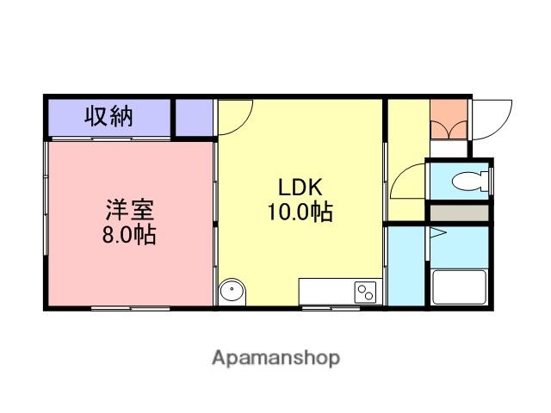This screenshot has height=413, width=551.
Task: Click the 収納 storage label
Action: tap(108, 116)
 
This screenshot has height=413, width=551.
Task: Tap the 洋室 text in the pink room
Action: tap(130, 210)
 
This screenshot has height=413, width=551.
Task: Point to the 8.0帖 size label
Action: tap(130, 234)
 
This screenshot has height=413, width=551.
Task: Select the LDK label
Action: tap(299, 187)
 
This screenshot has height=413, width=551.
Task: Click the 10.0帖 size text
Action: tap(299, 212)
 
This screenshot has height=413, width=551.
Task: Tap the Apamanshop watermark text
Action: tap(275, 357)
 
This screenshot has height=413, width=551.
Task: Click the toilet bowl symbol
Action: tap(470, 182)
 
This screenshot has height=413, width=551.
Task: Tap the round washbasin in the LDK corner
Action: tap(232, 292)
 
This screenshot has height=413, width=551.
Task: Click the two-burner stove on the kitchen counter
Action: tap(365, 291)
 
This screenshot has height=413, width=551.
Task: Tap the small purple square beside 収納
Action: tap(194, 117)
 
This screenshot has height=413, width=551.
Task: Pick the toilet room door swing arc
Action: tap(407, 182)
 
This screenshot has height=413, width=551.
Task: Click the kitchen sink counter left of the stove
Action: tap(325, 291)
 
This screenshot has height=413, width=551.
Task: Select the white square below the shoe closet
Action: tap(449, 147)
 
